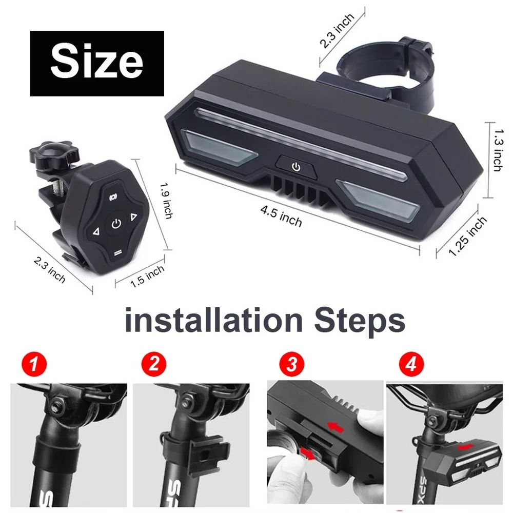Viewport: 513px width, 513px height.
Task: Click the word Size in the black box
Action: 97,63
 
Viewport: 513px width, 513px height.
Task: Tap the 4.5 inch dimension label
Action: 281,216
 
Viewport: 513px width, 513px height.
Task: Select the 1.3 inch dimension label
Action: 498,150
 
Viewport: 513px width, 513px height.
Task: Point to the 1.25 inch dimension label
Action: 467,236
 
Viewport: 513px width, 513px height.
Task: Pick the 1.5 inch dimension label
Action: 147,276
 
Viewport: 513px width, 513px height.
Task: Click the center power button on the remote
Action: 116,224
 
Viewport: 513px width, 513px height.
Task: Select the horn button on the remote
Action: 113,196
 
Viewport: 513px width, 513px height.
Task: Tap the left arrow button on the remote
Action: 96,232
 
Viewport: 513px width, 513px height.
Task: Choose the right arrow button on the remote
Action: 133,217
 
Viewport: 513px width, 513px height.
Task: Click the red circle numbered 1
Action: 34,364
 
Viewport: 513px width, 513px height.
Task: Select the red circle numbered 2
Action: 154,364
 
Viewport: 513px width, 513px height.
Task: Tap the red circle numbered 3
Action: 291,364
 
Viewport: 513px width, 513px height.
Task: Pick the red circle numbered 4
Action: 411,364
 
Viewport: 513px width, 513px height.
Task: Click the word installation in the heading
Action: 213,320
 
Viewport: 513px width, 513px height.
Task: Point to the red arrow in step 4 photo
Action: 466,447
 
